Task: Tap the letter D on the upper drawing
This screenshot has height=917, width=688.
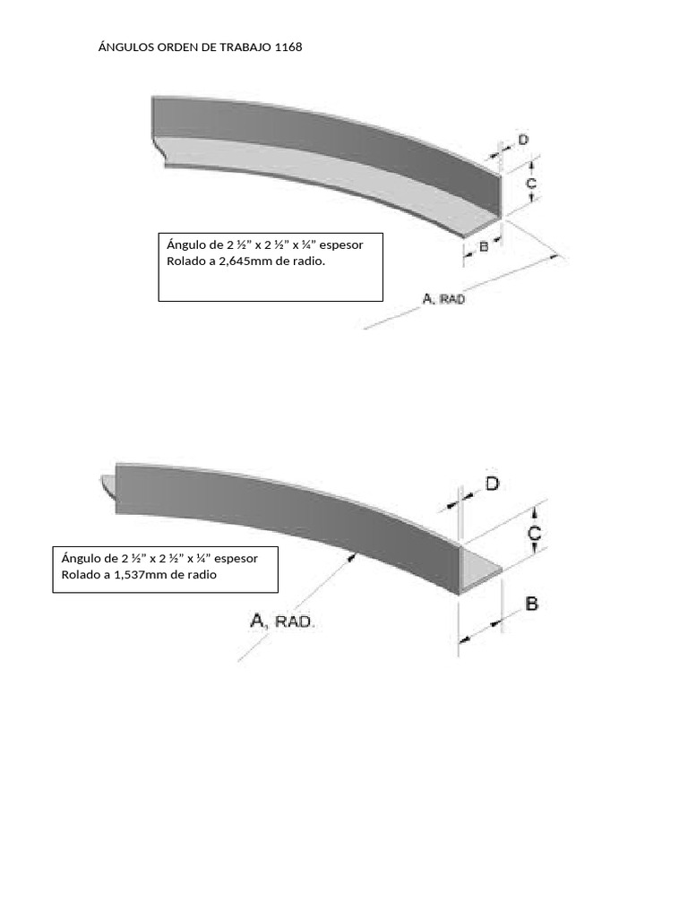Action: pos(523,140)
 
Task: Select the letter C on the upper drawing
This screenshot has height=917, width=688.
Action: pos(530,183)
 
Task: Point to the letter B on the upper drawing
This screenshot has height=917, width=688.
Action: pos(484,247)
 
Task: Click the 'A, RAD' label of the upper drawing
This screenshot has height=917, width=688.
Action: pos(444,299)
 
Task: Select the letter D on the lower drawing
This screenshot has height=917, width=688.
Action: pos(493,484)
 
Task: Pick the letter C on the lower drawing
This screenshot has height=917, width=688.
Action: pos(534,534)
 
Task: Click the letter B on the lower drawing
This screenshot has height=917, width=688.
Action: pos(531,604)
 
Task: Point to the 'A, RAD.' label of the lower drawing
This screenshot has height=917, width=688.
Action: pos(282,621)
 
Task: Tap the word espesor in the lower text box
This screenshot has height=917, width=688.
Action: pos(236,559)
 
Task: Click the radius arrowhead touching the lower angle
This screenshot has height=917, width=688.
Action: pos(352,557)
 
